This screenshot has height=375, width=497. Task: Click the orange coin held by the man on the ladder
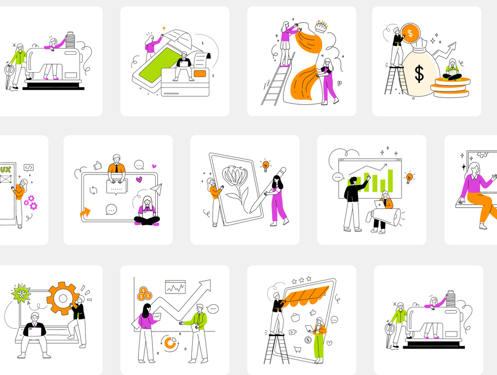point(410,33)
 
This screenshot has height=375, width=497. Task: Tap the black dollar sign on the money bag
point(419,74)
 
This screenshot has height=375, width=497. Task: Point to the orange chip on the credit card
point(200,74)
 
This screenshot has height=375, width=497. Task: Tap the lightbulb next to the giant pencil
point(266,165)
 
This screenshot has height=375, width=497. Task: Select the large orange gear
point(62,298)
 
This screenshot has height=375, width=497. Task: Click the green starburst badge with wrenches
point(21,293)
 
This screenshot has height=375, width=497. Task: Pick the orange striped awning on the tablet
point(306,295)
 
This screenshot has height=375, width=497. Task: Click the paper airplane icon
point(156,189)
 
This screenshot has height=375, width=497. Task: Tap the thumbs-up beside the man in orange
point(97,165)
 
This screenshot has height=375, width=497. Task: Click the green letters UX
point(5,169)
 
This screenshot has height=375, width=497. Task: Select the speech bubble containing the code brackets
point(29,167)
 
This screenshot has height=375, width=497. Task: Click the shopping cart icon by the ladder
point(297,349)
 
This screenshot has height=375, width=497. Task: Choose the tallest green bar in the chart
point(391,181)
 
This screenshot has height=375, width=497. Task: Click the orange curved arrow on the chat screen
point(85,213)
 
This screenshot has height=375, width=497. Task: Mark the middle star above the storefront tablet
point(302,280)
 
